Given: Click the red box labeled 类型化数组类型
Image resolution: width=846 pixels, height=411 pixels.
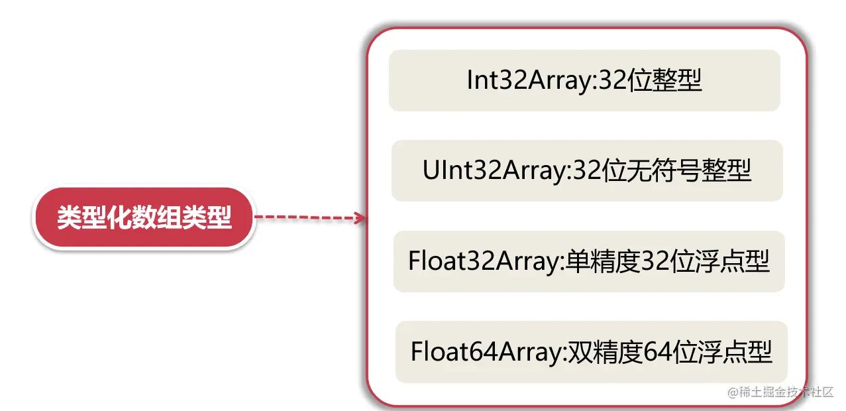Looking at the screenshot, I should click(144, 218).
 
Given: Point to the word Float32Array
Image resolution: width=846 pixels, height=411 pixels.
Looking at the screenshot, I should click(484, 262).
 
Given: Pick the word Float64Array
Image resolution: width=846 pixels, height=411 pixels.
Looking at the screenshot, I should click(486, 351).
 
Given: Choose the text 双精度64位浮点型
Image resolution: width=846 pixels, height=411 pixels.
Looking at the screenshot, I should click(669, 351).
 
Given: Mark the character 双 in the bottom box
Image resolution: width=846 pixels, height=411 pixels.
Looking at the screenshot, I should click(575, 351).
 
